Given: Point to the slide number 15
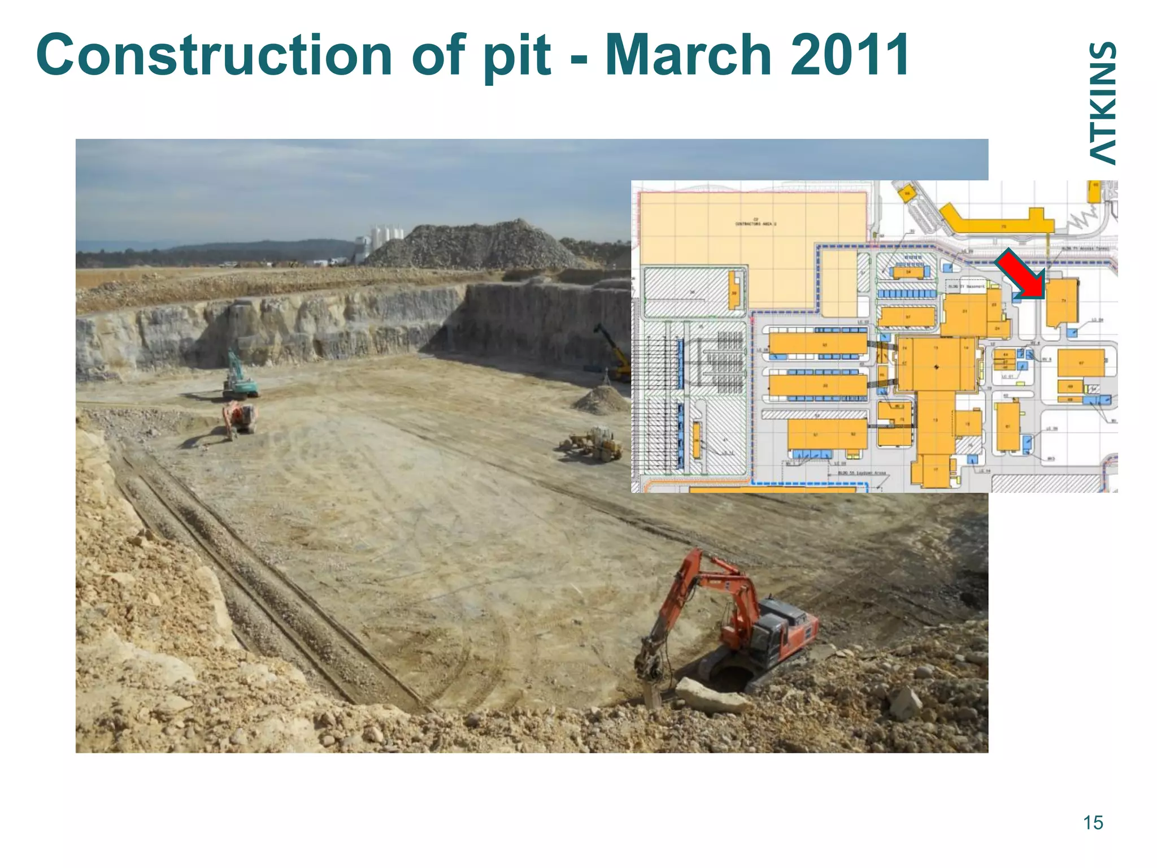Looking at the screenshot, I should (x=1093, y=823).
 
